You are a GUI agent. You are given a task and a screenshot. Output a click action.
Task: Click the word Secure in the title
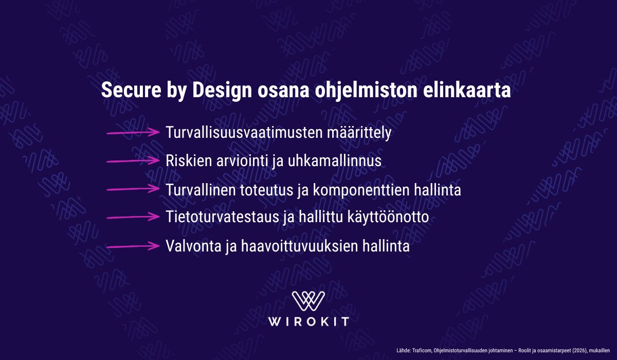point(131,90)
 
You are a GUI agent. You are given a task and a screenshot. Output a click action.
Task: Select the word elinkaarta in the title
point(467,90)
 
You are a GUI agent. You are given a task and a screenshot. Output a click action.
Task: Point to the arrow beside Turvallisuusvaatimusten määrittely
point(133,133)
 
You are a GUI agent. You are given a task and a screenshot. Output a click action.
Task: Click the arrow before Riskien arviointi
point(133,160)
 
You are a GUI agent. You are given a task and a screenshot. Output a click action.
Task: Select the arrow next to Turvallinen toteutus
point(133,189)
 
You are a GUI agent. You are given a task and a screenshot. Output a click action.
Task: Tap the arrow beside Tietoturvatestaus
point(133,217)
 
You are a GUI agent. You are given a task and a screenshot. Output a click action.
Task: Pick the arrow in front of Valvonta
point(133,246)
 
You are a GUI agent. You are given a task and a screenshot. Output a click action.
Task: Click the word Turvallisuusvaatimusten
point(244,133)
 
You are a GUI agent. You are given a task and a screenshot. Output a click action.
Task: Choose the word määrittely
point(359,133)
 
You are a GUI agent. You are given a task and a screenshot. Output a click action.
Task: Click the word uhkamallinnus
point(335,160)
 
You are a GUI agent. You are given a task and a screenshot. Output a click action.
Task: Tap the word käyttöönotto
point(388,218)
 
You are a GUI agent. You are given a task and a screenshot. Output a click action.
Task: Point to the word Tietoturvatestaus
point(223,217)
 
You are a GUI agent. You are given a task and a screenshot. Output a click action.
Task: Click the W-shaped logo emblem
point(308,301)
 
